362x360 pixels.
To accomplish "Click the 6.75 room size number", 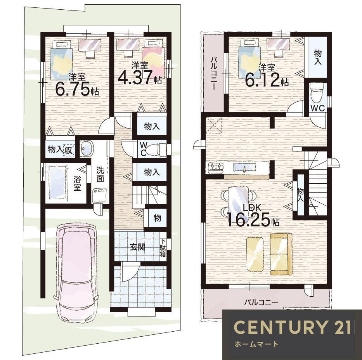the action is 72,88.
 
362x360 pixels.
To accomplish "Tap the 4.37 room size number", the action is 135,77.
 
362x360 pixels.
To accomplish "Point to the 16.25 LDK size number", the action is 249,219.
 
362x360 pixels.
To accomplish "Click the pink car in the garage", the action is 76,273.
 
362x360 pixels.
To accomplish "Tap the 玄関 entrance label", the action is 137,247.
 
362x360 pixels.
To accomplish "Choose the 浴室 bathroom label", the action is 77,183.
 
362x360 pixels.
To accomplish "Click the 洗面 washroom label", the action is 100,174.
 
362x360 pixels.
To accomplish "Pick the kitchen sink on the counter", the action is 245,167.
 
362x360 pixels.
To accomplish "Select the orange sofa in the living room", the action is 281,254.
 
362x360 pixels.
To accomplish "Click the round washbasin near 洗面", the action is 87,148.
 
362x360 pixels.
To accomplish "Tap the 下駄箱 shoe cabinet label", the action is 163,248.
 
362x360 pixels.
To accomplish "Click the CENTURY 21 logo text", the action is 292,327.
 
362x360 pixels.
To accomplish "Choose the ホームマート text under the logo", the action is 256,344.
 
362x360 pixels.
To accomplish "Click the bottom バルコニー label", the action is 262,302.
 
